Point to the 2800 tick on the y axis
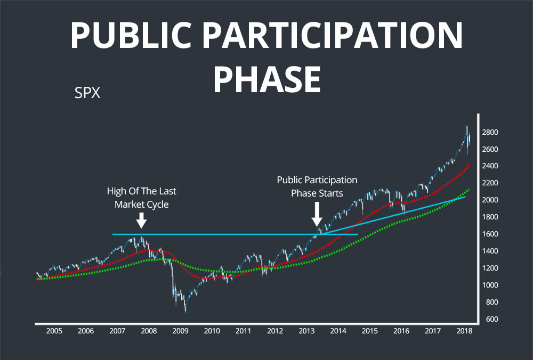tap(491, 132)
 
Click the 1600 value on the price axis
tap(491, 234)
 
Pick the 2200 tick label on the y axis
tap(491, 183)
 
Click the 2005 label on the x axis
tap(54, 331)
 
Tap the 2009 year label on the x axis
tap(180, 331)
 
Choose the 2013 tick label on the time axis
tap(306, 331)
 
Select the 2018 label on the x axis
tap(464, 331)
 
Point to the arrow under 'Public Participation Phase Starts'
tap(317, 215)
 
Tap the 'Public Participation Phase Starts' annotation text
tap(317, 186)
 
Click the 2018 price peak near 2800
tap(467, 127)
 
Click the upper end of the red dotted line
tap(469, 165)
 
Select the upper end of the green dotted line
tap(469, 189)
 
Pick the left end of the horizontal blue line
tap(113, 234)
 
